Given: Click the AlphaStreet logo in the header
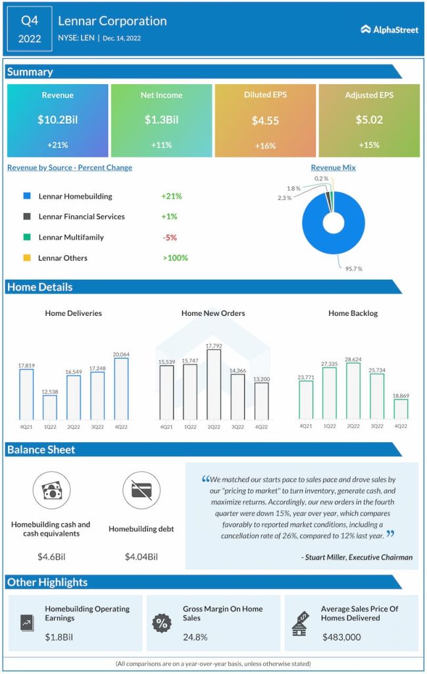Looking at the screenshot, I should pyautogui.click(x=389, y=29).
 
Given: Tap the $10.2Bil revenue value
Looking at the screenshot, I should pyautogui.click(x=57, y=120).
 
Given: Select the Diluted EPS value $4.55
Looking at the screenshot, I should pyautogui.click(x=265, y=120).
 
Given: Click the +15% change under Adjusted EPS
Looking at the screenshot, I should pyautogui.click(x=369, y=145).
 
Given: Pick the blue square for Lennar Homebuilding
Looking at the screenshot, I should pyautogui.click(x=26, y=196).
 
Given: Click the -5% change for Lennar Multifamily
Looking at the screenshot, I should pyautogui.click(x=169, y=237).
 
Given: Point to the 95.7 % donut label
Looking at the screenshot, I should pyautogui.click(x=353, y=269).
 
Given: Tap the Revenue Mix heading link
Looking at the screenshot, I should pyautogui.click(x=333, y=168).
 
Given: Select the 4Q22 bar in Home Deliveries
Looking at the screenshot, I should pyautogui.click(x=121, y=388).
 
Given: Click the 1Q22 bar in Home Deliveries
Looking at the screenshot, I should pyautogui.click(x=50, y=407).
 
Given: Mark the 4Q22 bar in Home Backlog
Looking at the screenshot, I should pyautogui.click(x=401, y=409).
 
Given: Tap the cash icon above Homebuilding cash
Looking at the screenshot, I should pyautogui.click(x=51, y=491).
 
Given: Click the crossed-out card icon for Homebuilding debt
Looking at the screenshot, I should pyautogui.click(x=141, y=491).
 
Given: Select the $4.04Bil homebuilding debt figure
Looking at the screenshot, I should pyautogui.click(x=141, y=557).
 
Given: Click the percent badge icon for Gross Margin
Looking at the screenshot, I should pyautogui.click(x=161, y=623).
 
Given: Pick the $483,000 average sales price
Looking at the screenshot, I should pyautogui.click(x=341, y=637).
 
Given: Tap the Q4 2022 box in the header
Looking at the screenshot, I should pyautogui.click(x=30, y=29).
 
